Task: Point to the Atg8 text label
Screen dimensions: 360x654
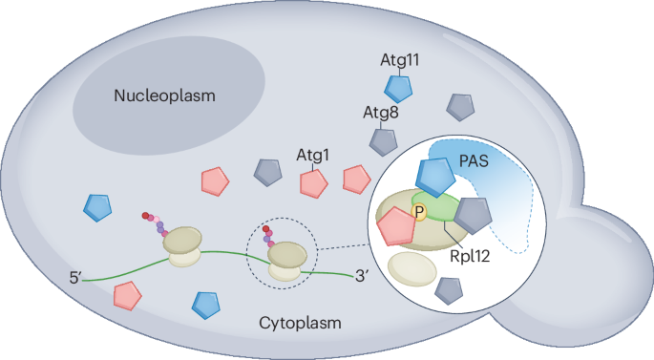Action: pyautogui.click(x=380, y=114)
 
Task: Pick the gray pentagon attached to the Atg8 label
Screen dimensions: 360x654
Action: pyautogui.click(x=383, y=141)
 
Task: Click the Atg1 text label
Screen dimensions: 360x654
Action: pyautogui.click(x=312, y=154)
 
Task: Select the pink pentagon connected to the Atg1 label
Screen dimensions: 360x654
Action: pyautogui.click(x=311, y=182)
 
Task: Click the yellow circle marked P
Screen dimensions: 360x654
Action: pyautogui.click(x=417, y=212)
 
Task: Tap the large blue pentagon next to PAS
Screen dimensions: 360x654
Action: pyautogui.click(x=434, y=178)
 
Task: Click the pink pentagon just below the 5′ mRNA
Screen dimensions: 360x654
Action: pyautogui.click(x=125, y=295)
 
